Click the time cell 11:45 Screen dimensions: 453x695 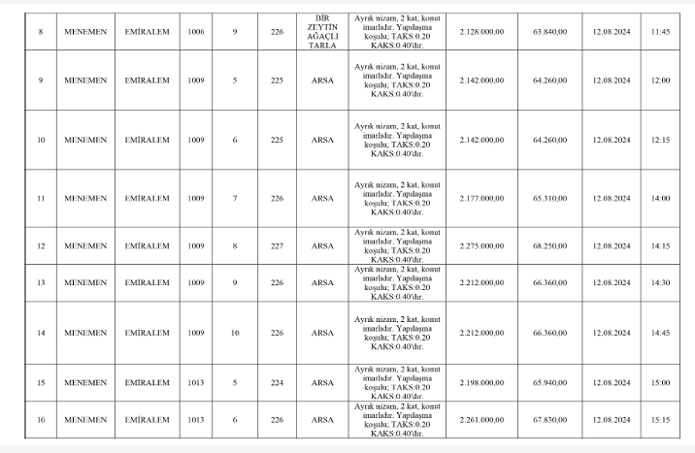click(x=661, y=31)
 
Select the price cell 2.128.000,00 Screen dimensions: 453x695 click(x=482, y=31)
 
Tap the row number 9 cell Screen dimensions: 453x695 click(x=40, y=80)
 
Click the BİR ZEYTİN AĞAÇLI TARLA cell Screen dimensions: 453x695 click(x=322, y=31)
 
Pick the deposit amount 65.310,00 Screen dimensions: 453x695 click(x=550, y=198)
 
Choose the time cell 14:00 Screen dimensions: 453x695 click(x=661, y=198)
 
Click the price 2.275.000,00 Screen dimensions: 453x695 click(x=482, y=245)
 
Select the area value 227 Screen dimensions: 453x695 click(x=277, y=245)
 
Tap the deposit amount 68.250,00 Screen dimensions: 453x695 click(x=550, y=245)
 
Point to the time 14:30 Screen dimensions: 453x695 click(x=661, y=283)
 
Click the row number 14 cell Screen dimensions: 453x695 click(x=40, y=333)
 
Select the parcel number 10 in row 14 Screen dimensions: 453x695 click(x=235, y=333)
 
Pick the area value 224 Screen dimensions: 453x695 click(x=277, y=382)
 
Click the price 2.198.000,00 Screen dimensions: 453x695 click(x=482, y=382)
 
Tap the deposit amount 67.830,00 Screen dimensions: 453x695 click(x=550, y=420)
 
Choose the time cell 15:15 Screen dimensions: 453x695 click(x=661, y=420)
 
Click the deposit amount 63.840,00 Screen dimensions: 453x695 click(x=550, y=31)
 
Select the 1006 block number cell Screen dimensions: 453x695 click(x=197, y=31)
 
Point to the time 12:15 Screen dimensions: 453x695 click(x=661, y=140)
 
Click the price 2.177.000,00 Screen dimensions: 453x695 click(x=482, y=198)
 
